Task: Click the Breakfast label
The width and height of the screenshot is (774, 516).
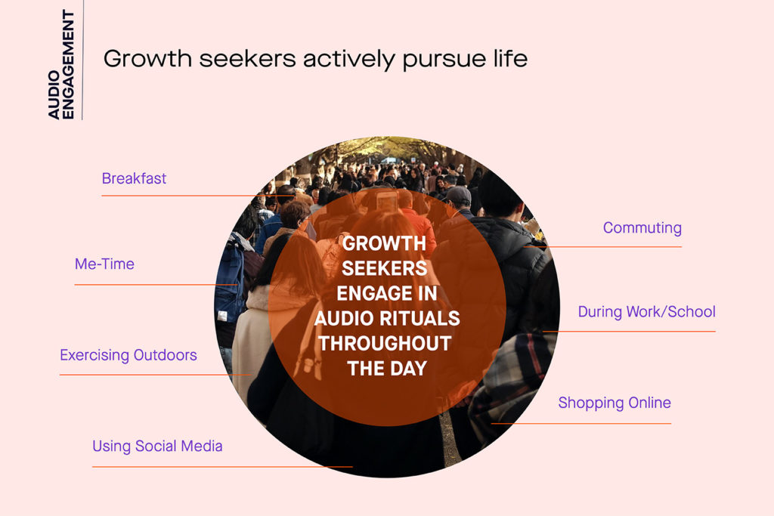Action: click(x=134, y=179)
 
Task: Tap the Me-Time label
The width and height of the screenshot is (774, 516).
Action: click(x=104, y=264)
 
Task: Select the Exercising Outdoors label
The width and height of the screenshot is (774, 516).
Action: click(x=128, y=355)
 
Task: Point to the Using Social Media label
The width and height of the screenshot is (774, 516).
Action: click(x=157, y=446)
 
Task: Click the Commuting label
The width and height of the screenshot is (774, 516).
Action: click(x=642, y=228)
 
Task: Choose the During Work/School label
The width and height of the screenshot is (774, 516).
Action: click(x=646, y=312)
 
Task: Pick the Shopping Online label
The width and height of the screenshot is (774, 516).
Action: click(x=614, y=403)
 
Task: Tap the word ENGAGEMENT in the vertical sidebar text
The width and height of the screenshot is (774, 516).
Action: click(x=68, y=64)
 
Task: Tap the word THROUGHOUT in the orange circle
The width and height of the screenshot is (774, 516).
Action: click(x=385, y=343)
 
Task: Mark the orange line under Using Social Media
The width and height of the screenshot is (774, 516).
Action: click(x=222, y=467)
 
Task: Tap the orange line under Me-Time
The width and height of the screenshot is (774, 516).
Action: click(x=155, y=285)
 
